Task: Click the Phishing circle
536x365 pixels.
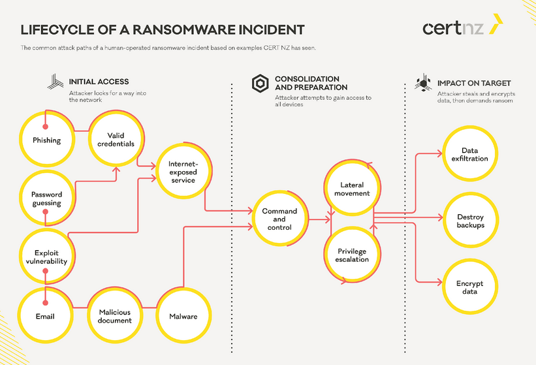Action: [x=46, y=140]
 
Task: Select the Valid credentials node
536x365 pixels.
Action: [x=116, y=139]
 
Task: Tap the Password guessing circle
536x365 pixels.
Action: [x=46, y=198]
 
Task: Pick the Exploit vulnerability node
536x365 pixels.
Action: [x=46, y=257]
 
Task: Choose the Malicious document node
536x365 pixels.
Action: [x=116, y=316]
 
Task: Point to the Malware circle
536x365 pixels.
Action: [x=183, y=316]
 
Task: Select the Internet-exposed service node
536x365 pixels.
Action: [x=182, y=171]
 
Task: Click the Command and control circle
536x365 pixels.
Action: [x=279, y=219]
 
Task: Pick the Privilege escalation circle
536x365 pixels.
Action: [x=353, y=255]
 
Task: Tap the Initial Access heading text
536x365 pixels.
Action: [x=99, y=82]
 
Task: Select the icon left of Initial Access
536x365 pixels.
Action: [x=55, y=82]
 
